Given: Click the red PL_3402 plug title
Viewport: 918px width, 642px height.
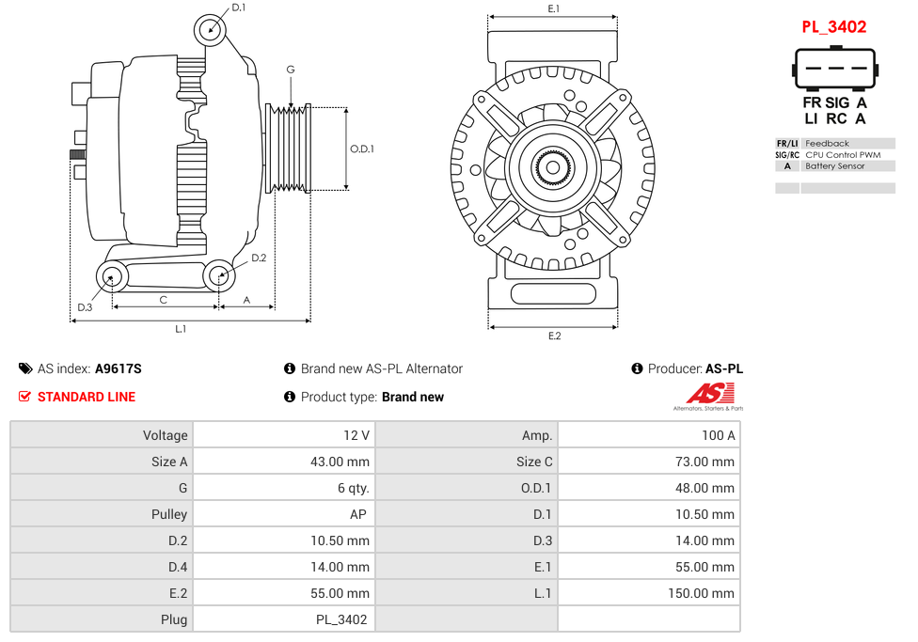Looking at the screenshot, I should (x=833, y=27).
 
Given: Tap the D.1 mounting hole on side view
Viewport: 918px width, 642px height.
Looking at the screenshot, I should (x=211, y=30).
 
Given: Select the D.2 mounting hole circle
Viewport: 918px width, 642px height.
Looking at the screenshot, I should (x=219, y=275).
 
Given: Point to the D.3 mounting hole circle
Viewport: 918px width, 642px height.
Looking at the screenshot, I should (x=112, y=277).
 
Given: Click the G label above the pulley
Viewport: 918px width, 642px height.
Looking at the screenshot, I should (x=291, y=70).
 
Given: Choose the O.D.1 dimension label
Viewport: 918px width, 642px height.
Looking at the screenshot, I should (x=362, y=149).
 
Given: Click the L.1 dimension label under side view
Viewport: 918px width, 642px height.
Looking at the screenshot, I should (x=181, y=329).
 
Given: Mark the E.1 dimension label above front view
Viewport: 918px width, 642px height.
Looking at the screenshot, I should (x=554, y=8).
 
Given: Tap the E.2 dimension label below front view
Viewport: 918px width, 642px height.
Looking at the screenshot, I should (x=554, y=337).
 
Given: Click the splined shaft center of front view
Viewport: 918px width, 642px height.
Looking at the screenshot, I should (x=553, y=168).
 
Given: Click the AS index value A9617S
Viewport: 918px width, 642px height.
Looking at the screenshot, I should (x=119, y=369).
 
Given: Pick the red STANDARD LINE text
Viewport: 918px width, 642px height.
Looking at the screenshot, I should (x=87, y=398).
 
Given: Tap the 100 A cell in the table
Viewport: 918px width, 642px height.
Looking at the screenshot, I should (x=719, y=435).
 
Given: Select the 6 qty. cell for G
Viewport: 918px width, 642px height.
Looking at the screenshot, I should (x=354, y=488).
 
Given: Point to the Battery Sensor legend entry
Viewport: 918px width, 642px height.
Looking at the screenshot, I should (x=834, y=166).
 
